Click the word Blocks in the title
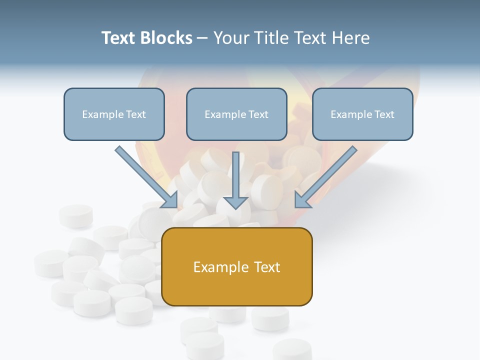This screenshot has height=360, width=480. pyautogui.click(x=166, y=38)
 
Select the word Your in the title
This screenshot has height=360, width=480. pyautogui.click(x=231, y=38)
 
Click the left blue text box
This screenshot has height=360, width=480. pyautogui.click(x=114, y=114)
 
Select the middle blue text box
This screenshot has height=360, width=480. pyautogui.click(x=236, y=114)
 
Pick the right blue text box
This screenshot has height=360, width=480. pyautogui.click(x=362, y=114)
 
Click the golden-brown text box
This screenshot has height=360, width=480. pyautogui.click(x=237, y=266)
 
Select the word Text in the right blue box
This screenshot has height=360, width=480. pyautogui.click(x=384, y=114)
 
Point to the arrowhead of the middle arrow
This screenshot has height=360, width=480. pyautogui.click(x=236, y=202)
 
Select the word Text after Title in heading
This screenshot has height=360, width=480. pyautogui.click(x=310, y=38)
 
